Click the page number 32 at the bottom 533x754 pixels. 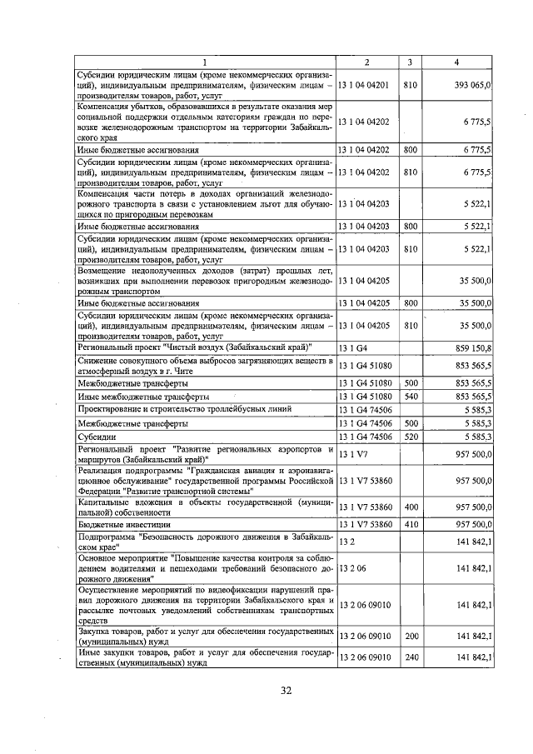pos(286,691)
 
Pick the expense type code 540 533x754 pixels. pos(410,396)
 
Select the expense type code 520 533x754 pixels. pos(410,436)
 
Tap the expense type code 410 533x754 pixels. pos(410,524)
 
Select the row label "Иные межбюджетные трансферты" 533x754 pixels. pos(142,396)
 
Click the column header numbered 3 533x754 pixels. pos(409,62)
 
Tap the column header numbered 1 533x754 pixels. pos(204,62)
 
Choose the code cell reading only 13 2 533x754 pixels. pos(346,542)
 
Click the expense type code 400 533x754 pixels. pos(410,506)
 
